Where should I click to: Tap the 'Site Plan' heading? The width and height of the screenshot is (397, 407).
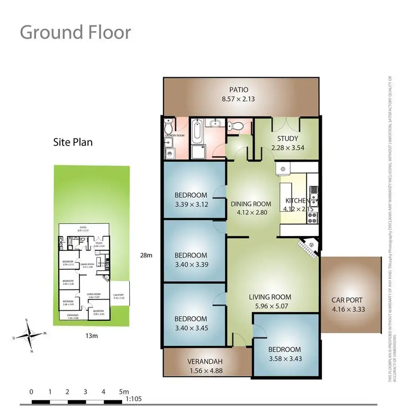pyautogui.click(x=73, y=142)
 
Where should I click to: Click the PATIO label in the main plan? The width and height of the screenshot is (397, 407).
pyautogui.click(x=238, y=89)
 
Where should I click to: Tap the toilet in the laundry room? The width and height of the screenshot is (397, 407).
pyautogui.click(x=168, y=128)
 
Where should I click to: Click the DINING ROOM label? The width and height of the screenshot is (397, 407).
pyautogui.click(x=251, y=204)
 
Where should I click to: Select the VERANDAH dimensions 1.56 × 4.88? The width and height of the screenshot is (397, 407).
pyautogui.click(x=204, y=371)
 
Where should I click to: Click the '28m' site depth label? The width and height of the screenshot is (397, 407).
pyautogui.click(x=147, y=255)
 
